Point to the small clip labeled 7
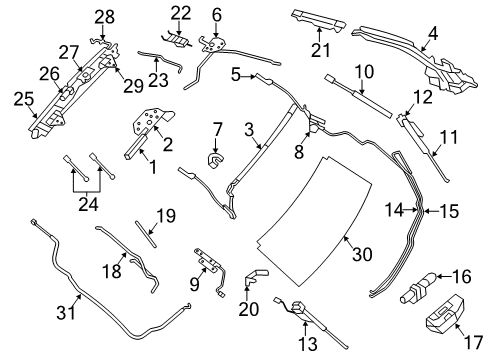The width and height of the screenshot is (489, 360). point(213,157)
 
